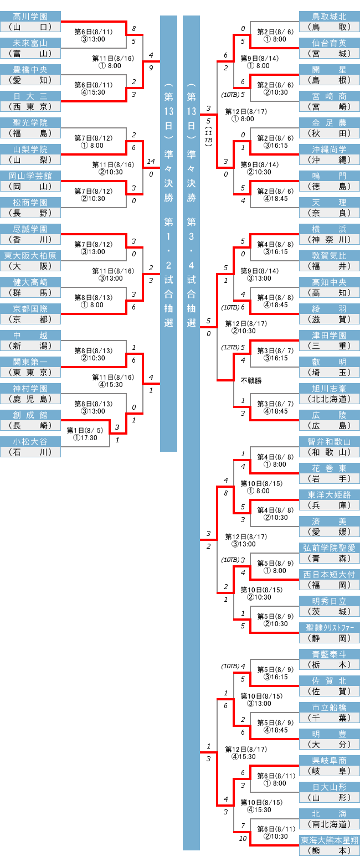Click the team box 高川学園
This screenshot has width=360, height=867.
coord(30,16)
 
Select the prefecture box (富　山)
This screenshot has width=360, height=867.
coord(30,54)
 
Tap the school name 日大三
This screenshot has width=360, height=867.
coord(30,96)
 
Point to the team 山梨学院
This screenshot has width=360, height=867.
coord(30,149)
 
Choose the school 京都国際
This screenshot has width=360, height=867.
coord(30,308)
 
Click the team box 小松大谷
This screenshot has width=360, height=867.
coord(30,441)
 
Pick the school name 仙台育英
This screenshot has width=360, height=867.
coord(330,43)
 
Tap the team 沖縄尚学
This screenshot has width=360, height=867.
coord(330,149)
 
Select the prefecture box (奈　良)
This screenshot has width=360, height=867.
coord(330,213)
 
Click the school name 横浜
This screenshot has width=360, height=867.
coord(330,229)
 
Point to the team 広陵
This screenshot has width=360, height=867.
coord(330,415)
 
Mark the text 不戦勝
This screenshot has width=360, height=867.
coord(251,380)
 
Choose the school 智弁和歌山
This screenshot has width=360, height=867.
coord(330,441)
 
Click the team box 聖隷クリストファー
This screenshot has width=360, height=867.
coord(330,627)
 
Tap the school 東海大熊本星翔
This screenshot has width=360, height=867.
coord(330,840)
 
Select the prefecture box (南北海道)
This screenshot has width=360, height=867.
coord(330,824)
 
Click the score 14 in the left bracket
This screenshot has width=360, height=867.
coord(151,162)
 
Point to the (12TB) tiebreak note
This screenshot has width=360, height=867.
coord(230,347)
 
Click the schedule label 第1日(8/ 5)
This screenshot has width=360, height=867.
coord(82,430)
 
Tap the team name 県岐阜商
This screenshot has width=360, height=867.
coord(330,760)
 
